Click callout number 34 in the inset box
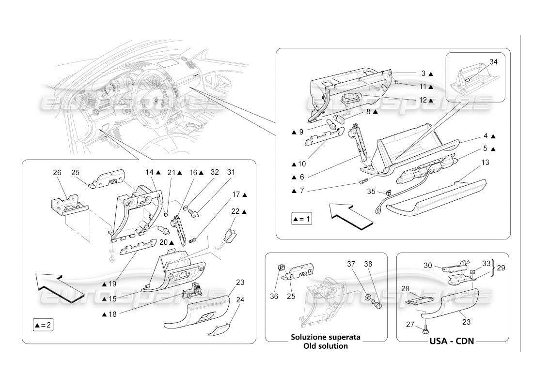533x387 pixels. pos(493,61)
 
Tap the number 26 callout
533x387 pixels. pos(57,172)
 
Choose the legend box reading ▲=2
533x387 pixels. pos(43,325)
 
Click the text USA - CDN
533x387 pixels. pos(452,341)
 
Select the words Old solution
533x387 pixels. pos(325,346)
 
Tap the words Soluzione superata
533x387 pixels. pos(325,337)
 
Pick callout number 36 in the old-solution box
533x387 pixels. pos(274,297)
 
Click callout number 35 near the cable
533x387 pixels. pos(371,191)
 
